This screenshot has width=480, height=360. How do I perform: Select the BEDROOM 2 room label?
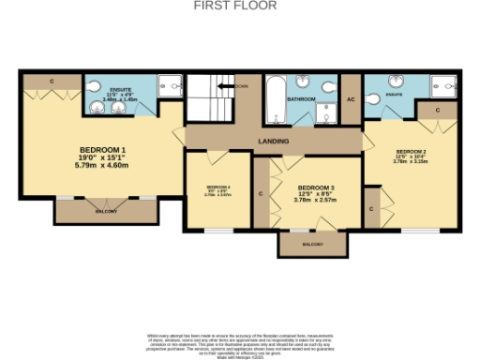click(412, 152)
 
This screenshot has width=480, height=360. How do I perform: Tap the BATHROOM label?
click(299, 98)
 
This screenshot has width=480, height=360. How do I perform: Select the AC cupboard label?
click(350, 98)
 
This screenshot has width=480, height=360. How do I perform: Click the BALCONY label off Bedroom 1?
click(104, 211)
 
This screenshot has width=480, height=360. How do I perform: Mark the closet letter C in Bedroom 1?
click(52, 82)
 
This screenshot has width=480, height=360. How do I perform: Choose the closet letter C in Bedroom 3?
click(260, 195)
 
